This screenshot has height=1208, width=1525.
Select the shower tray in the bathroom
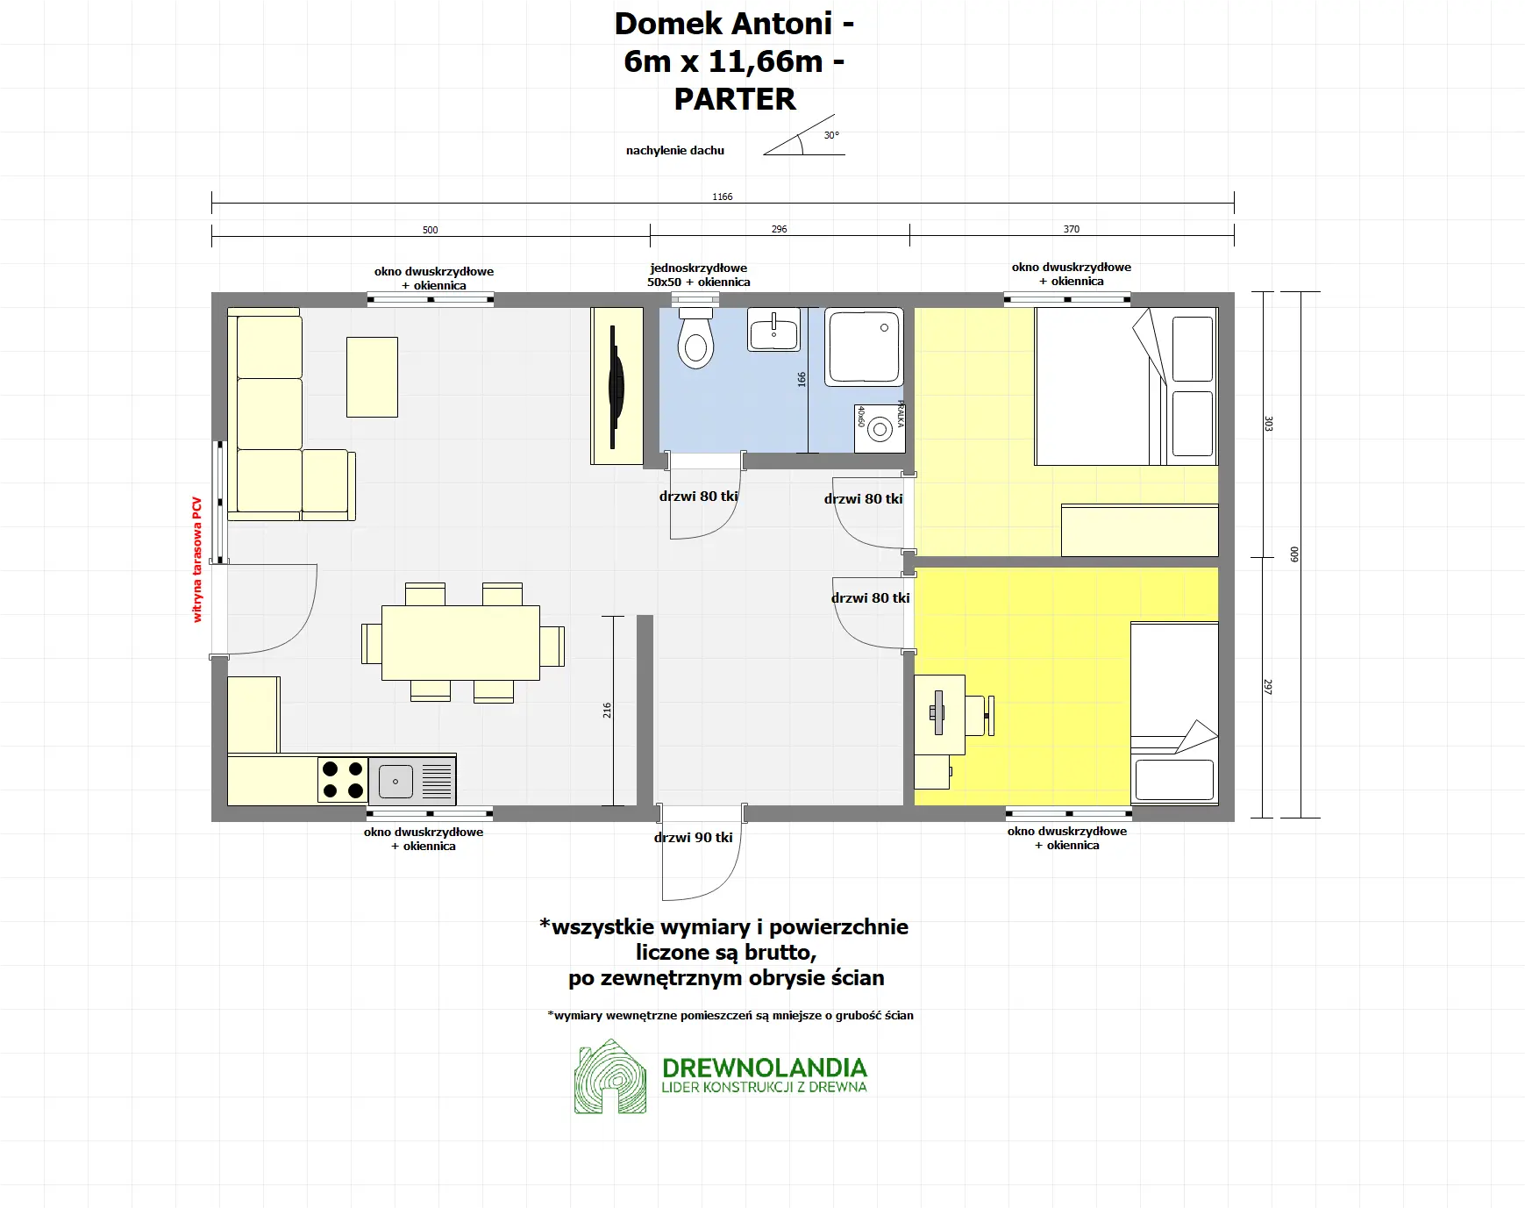click(865, 347)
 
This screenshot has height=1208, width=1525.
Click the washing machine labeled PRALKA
click(879, 428)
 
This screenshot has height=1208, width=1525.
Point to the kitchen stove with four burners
click(343, 780)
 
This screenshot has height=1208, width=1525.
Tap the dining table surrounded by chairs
click(460, 643)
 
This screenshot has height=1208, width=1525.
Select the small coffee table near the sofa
click(372, 377)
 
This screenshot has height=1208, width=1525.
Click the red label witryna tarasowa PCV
click(197, 560)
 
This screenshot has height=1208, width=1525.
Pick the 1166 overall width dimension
click(722, 197)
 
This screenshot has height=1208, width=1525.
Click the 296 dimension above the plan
click(779, 229)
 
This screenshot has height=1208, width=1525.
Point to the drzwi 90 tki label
click(693, 838)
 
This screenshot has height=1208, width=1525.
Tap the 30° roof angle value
click(831, 135)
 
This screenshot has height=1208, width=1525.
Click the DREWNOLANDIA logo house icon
click(610, 1078)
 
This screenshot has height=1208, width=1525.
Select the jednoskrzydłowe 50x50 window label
click(699, 275)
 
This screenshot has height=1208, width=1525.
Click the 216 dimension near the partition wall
click(607, 711)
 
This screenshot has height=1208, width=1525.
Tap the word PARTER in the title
click(735, 99)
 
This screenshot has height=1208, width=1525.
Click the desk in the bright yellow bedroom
click(939, 714)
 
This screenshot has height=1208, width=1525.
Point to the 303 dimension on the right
click(1268, 424)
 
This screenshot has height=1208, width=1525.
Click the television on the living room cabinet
click(616, 383)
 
